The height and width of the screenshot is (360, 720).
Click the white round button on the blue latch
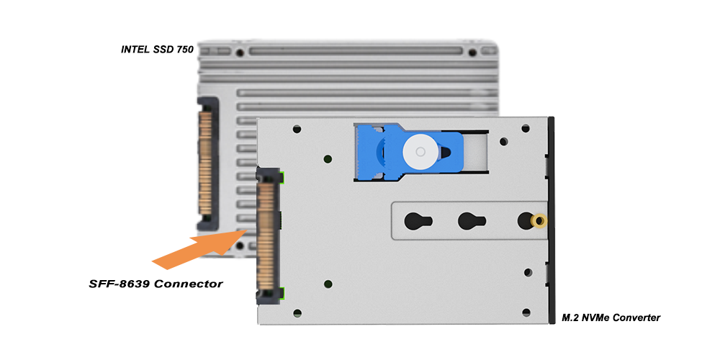pos(420,151)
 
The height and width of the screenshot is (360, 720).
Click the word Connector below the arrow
pos(189,284)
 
